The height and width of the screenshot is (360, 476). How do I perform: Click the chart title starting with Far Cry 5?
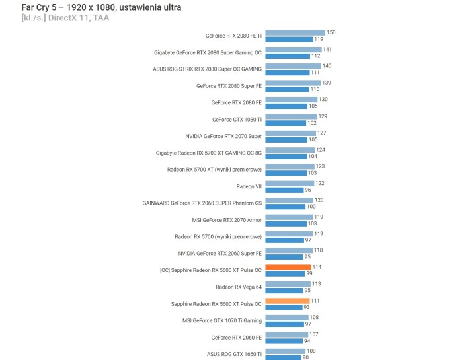pyautogui.click(x=101, y=7)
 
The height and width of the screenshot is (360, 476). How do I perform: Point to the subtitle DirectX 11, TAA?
pyautogui.click(x=65, y=18)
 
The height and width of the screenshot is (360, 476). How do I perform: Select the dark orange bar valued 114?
pyautogui.click(x=288, y=267)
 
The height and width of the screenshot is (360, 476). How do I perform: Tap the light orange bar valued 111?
pyautogui.click(x=287, y=301)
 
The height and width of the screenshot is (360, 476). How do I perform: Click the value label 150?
pyautogui.click(x=331, y=32)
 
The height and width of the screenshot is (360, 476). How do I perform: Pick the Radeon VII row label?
pyautogui.click(x=249, y=186)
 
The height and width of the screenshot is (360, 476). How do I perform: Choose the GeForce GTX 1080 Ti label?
pyautogui.click(x=237, y=119)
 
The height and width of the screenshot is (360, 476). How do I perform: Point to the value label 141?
pyautogui.click(x=327, y=49)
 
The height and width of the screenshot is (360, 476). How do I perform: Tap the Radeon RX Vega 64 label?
pyautogui.click(x=238, y=287)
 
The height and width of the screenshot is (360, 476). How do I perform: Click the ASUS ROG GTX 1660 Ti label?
pyautogui.click(x=234, y=354)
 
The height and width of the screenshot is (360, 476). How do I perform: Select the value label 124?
pyautogui.click(x=321, y=149)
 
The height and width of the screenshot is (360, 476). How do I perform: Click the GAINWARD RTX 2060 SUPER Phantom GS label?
pyautogui.click(x=202, y=203)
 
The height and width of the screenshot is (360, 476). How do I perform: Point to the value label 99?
pyautogui.click(x=309, y=273)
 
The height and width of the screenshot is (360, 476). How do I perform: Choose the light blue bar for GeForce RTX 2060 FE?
pyautogui.click(x=286, y=334)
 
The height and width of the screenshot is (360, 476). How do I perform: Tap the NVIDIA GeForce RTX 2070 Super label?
pyautogui.click(x=223, y=135)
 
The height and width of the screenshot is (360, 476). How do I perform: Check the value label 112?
pyautogui.click(x=315, y=55)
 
